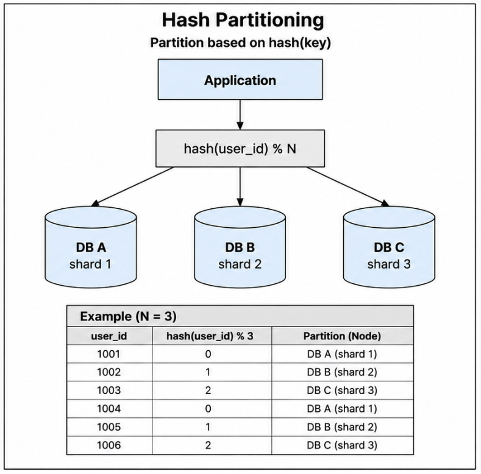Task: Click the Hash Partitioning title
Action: click(243, 21)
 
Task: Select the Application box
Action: click(240, 79)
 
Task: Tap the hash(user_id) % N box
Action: click(240, 149)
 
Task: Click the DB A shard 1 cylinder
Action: click(91, 247)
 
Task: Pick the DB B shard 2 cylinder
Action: click(240, 247)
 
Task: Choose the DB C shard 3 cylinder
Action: click(389, 247)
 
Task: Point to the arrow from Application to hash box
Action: click(240, 115)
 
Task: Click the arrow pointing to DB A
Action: click(132, 186)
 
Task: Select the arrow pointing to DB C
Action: click(348, 186)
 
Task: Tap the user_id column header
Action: click(109, 336)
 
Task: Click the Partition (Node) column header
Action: click(342, 336)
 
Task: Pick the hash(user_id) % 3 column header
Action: click(210, 336)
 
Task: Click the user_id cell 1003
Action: click(109, 391)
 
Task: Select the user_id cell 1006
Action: click(109, 445)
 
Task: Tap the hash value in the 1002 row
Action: click(208, 372)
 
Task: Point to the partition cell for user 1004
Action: click(342, 409)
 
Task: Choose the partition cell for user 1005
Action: click(342, 427)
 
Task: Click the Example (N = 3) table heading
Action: click(128, 316)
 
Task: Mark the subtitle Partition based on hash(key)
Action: click(240, 43)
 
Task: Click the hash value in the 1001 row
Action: click(208, 354)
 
